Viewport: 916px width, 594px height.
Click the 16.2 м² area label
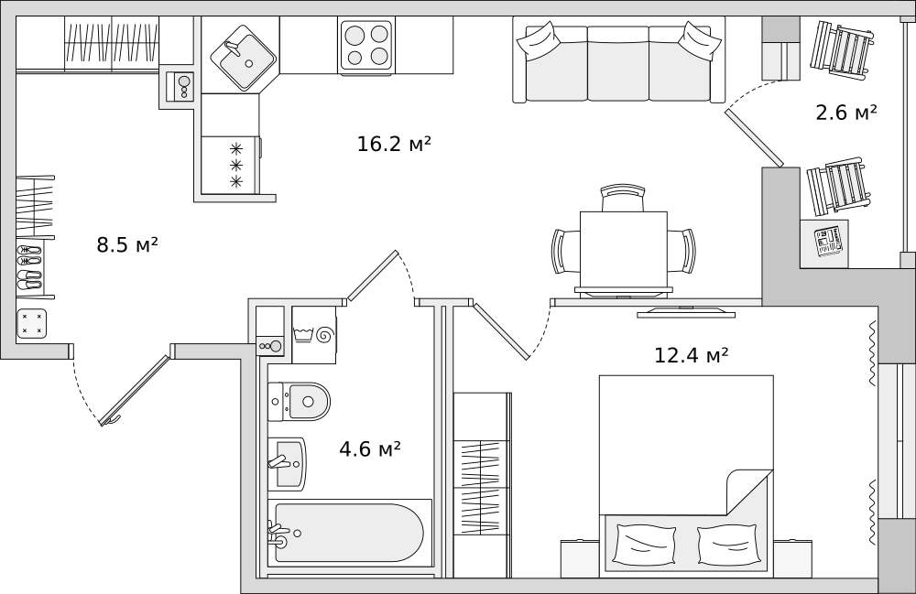click(x=394, y=144)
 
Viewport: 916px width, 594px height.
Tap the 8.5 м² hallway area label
click(x=127, y=244)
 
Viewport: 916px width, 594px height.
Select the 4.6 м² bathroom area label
click(x=370, y=448)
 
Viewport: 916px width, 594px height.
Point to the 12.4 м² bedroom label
click(x=691, y=355)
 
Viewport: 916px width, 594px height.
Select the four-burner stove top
click(x=366, y=45)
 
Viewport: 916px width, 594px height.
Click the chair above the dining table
click(x=623, y=197)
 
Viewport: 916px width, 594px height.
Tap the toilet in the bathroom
click(x=300, y=402)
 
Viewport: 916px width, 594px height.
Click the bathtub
click(x=349, y=533)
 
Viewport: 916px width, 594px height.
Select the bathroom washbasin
click(x=287, y=464)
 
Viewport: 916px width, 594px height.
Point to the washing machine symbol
click(x=314, y=335)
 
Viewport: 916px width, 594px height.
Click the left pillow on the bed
click(x=645, y=545)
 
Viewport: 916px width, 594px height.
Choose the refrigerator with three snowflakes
click(x=230, y=165)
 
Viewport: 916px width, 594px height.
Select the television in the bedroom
click(x=686, y=313)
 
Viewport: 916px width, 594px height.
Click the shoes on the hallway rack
click(x=29, y=267)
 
